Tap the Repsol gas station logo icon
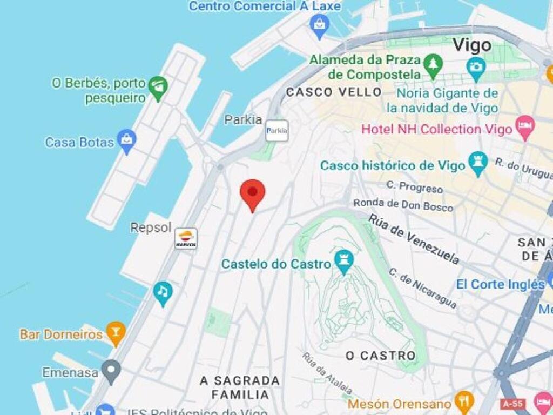tap(186, 238)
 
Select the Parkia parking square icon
tap(276, 131)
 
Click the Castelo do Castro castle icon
tap(343, 262)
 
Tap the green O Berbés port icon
tap(158, 88)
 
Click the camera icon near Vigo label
tap(476, 67)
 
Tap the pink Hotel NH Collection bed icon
tap(524, 128)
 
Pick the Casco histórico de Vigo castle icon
tap(478, 163)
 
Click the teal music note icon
tap(163, 292)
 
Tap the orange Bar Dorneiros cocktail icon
tap(115, 333)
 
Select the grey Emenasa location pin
tap(111, 371)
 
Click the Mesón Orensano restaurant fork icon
tap(463, 401)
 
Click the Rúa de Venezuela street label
tap(414, 238)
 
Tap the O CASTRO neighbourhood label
tap(381, 356)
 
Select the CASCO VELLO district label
tap(334, 92)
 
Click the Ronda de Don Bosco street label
tap(403, 204)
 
